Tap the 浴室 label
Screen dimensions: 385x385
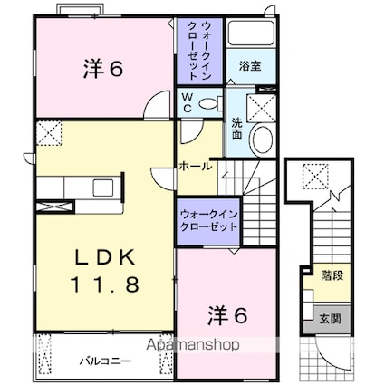tap(250, 66)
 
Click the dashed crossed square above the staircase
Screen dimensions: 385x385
tap(316, 172)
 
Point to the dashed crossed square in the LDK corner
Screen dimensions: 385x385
tap(48, 134)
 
